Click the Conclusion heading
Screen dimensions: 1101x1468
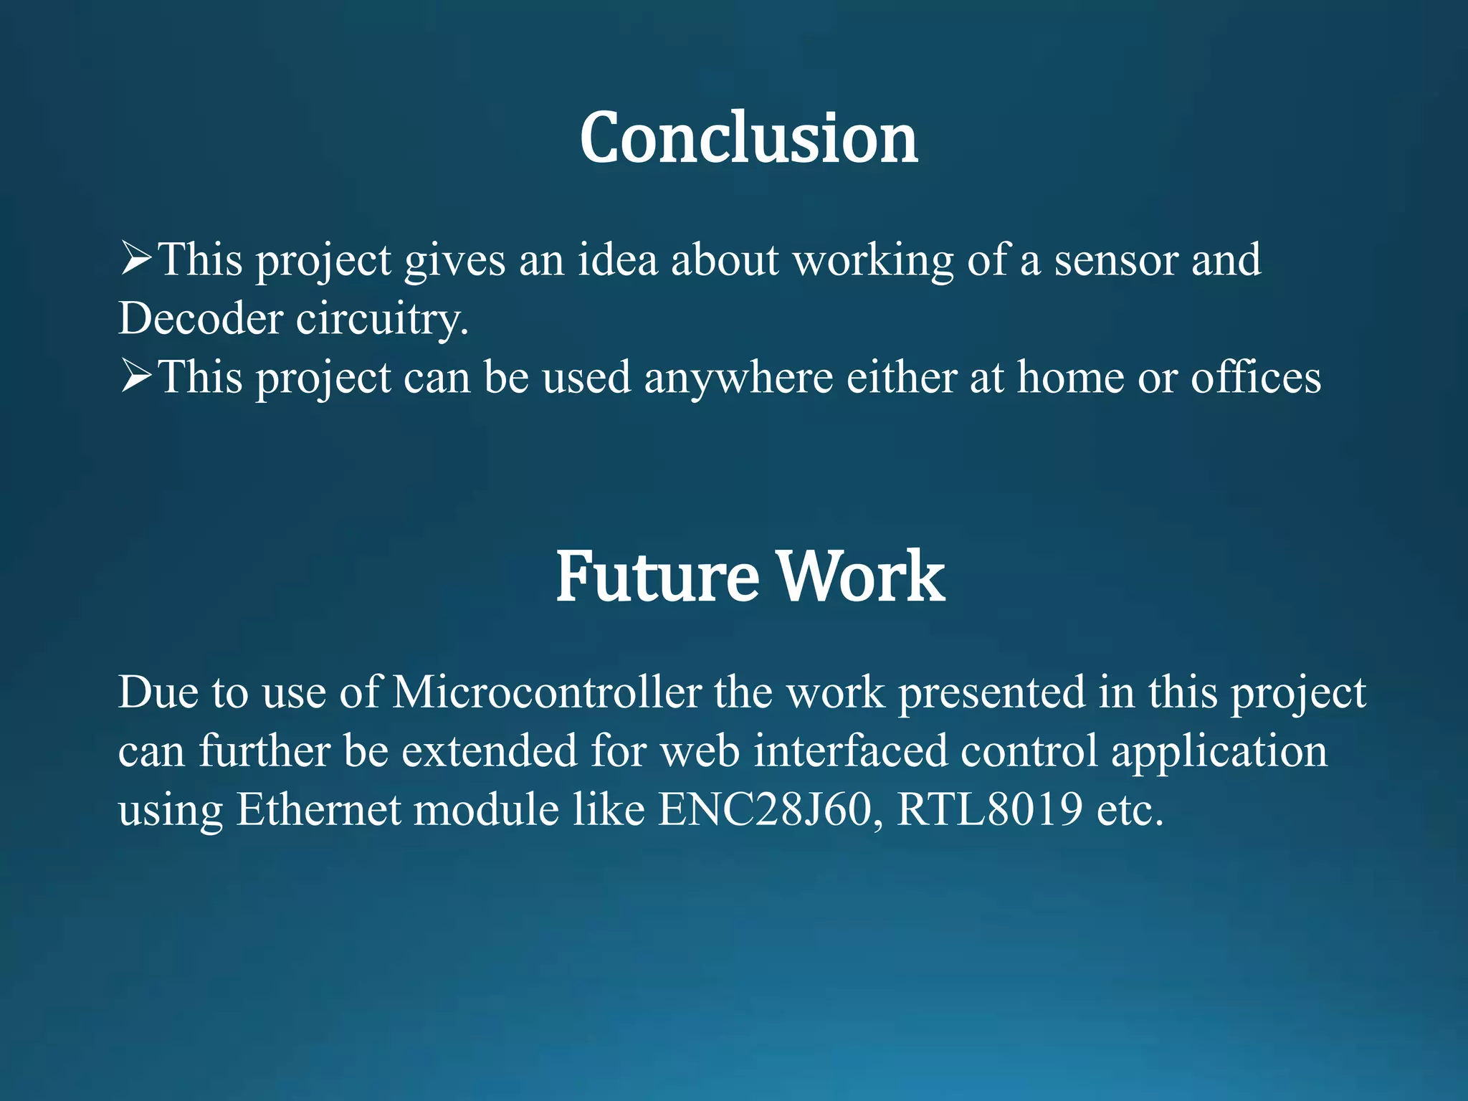(748, 138)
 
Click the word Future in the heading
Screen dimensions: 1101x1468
(657, 576)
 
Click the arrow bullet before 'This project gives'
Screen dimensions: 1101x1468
(135, 259)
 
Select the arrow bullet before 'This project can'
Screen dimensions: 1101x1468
(135, 376)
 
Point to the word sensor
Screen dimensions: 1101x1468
(1115, 261)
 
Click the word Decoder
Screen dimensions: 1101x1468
(200, 318)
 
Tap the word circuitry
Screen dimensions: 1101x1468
(381, 320)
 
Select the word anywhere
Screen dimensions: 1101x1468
(738, 378)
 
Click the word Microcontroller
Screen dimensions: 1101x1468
(547, 693)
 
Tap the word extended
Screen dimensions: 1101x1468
(489, 751)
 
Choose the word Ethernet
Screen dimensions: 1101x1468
(318, 810)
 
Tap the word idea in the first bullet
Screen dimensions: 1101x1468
(617, 259)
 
